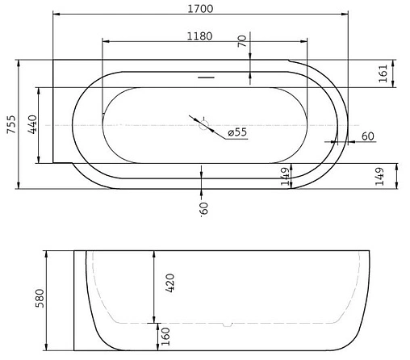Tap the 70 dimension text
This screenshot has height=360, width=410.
pyautogui.click(x=241, y=43)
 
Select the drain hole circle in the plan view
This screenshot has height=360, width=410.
pyautogui.click(x=204, y=125)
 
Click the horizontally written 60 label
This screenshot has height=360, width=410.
pyautogui.click(x=367, y=136)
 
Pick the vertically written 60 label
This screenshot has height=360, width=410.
pyautogui.click(x=204, y=207)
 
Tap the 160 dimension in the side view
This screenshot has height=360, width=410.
pyautogui.click(x=166, y=334)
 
